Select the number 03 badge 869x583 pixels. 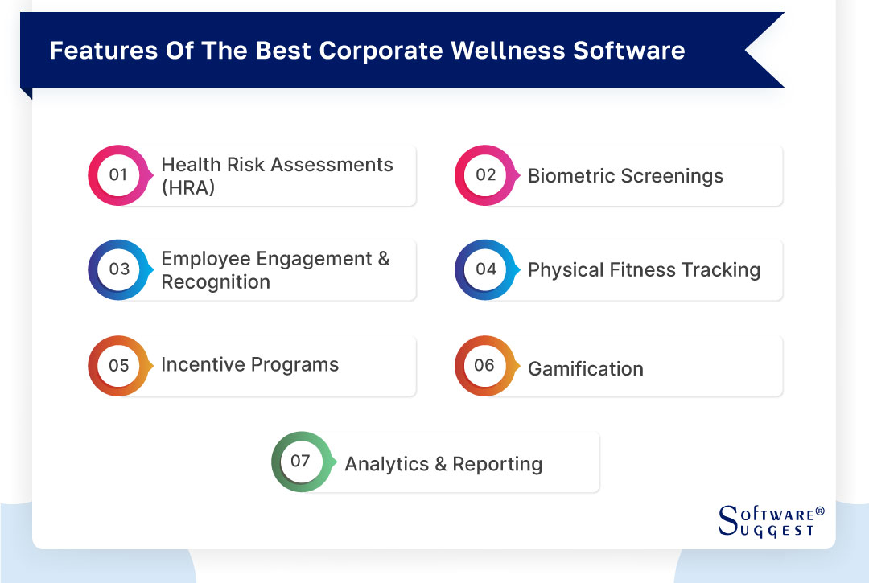click(x=118, y=269)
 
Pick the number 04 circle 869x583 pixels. click(x=485, y=269)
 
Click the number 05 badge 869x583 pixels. click(x=118, y=366)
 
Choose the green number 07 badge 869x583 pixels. click(x=301, y=462)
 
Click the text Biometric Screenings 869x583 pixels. click(x=625, y=176)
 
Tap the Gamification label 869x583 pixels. click(x=585, y=369)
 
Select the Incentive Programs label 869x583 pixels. click(x=249, y=364)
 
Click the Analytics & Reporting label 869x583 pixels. click(x=443, y=464)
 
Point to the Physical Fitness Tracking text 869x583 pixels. click(x=644, y=270)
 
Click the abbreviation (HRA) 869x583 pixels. click(x=188, y=189)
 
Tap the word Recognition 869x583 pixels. click(x=216, y=282)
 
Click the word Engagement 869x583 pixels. click(x=303, y=259)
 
